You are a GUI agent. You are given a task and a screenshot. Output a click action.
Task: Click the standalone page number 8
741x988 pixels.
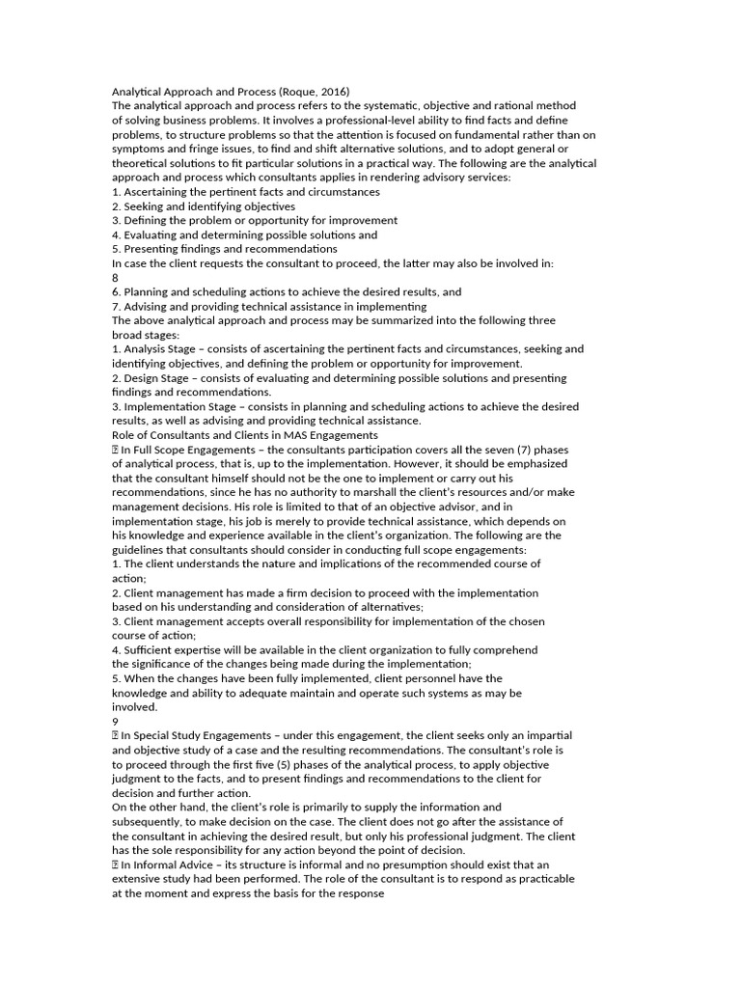116,277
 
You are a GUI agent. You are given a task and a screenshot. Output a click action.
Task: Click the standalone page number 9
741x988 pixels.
116,721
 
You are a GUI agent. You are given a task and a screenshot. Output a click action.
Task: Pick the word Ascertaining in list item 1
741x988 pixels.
159,192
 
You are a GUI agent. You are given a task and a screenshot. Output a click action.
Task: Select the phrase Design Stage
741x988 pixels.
154,377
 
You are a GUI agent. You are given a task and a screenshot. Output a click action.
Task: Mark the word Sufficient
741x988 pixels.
151,649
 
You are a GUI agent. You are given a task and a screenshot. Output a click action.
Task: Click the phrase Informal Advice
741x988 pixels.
174,864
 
